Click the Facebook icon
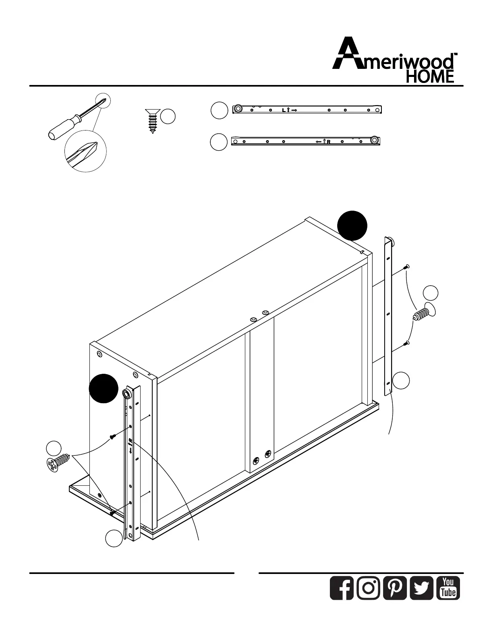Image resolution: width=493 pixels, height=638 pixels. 342,588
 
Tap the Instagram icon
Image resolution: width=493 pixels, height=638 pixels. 368,588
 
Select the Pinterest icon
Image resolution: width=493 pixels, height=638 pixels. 395,588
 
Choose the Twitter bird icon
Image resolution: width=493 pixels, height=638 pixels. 421,588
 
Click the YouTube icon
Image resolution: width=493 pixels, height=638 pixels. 448,588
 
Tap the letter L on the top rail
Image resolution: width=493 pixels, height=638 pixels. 284,110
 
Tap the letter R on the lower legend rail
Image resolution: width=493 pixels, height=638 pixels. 329,142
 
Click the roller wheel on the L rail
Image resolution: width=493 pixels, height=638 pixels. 238,109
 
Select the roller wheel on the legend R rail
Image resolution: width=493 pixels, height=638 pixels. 375,141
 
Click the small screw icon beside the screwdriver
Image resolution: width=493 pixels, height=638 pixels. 152,120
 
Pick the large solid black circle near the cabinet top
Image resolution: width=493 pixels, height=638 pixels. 352,226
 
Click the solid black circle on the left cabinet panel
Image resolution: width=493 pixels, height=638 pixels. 104,388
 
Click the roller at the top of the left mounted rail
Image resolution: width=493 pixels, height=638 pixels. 126,393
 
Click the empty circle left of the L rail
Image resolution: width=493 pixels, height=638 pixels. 220,110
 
